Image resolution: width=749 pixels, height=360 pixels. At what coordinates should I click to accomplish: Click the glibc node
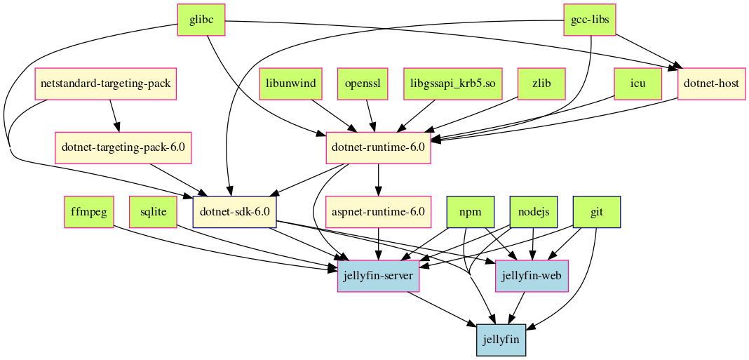pyautogui.click(x=201, y=20)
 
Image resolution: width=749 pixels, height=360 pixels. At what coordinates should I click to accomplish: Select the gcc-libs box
pyautogui.click(x=590, y=20)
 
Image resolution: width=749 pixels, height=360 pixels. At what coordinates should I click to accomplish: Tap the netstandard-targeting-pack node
pyautogui.click(x=105, y=84)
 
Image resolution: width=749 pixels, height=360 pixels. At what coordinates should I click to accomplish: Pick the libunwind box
pyautogui.click(x=290, y=84)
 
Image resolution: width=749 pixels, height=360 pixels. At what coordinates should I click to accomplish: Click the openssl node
pyautogui.click(x=363, y=84)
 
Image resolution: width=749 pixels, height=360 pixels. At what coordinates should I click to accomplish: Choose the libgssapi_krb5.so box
pyautogui.click(x=453, y=84)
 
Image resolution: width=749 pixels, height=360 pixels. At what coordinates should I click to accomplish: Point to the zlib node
pyautogui.click(x=541, y=84)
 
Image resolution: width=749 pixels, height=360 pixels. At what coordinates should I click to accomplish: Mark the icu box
pyautogui.click(x=637, y=84)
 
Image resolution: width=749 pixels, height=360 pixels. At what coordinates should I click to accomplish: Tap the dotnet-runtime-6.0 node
pyautogui.click(x=378, y=148)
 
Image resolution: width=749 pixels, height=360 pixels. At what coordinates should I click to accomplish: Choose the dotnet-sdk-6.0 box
pyautogui.click(x=235, y=212)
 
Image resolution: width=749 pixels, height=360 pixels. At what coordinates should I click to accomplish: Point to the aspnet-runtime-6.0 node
pyautogui.click(x=379, y=212)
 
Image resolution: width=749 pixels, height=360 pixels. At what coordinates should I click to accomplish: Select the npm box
pyautogui.click(x=471, y=212)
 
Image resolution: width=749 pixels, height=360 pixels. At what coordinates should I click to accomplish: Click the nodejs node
pyautogui.click(x=533, y=212)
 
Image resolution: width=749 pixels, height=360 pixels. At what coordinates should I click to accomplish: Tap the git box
pyautogui.click(x=597, y=212)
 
